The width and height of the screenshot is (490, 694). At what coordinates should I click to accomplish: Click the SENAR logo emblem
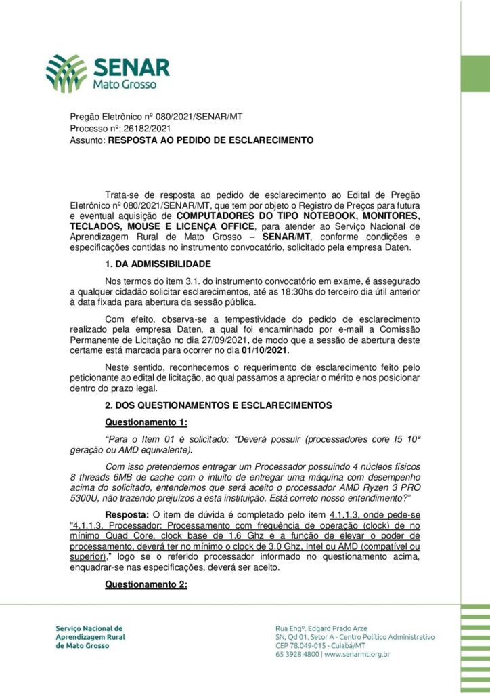66,73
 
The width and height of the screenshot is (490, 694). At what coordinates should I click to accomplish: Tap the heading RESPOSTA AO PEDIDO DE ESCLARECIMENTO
210,140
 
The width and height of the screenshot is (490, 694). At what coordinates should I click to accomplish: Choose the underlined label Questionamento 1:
141,422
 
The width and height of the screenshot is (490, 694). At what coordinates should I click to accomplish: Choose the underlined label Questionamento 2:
146,585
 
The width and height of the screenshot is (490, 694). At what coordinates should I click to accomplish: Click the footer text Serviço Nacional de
89,628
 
